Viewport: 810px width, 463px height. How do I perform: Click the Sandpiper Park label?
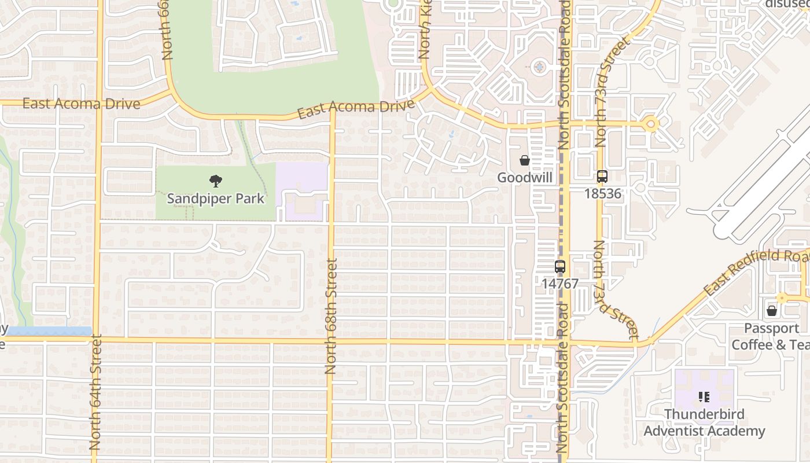click(x=215, y=199)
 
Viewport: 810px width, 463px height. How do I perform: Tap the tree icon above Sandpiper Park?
click(x=215, y=181)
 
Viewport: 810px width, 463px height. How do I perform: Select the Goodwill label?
click(x=525, y=178)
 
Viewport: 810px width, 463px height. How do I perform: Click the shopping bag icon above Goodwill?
click(x=525, y=160)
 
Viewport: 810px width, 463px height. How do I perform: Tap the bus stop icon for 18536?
click(x=602, y=177)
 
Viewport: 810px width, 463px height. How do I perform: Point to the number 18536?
click(x=602, y=194)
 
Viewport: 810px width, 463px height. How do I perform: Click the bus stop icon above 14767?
click(x=559, y=267)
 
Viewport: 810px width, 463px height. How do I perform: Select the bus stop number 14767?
click(x=559, y=284)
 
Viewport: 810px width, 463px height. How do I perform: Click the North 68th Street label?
click(x=331, y=315)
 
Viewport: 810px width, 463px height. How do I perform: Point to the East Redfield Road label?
click(x=755, y=272)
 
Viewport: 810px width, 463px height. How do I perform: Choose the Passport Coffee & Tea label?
click(x=771, y=336)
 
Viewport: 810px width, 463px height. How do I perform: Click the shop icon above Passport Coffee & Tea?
click(x=771, y=311)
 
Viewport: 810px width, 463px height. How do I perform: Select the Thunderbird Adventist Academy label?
click(x=704, y=422)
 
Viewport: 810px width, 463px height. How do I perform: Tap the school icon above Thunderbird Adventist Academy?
click(x=704, y=397)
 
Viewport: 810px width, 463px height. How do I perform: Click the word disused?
click(x=787, y=3)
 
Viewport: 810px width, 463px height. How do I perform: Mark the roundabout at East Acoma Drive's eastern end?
click(x=651, y=123)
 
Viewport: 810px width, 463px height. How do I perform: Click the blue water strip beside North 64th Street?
click(x=50, y=331)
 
